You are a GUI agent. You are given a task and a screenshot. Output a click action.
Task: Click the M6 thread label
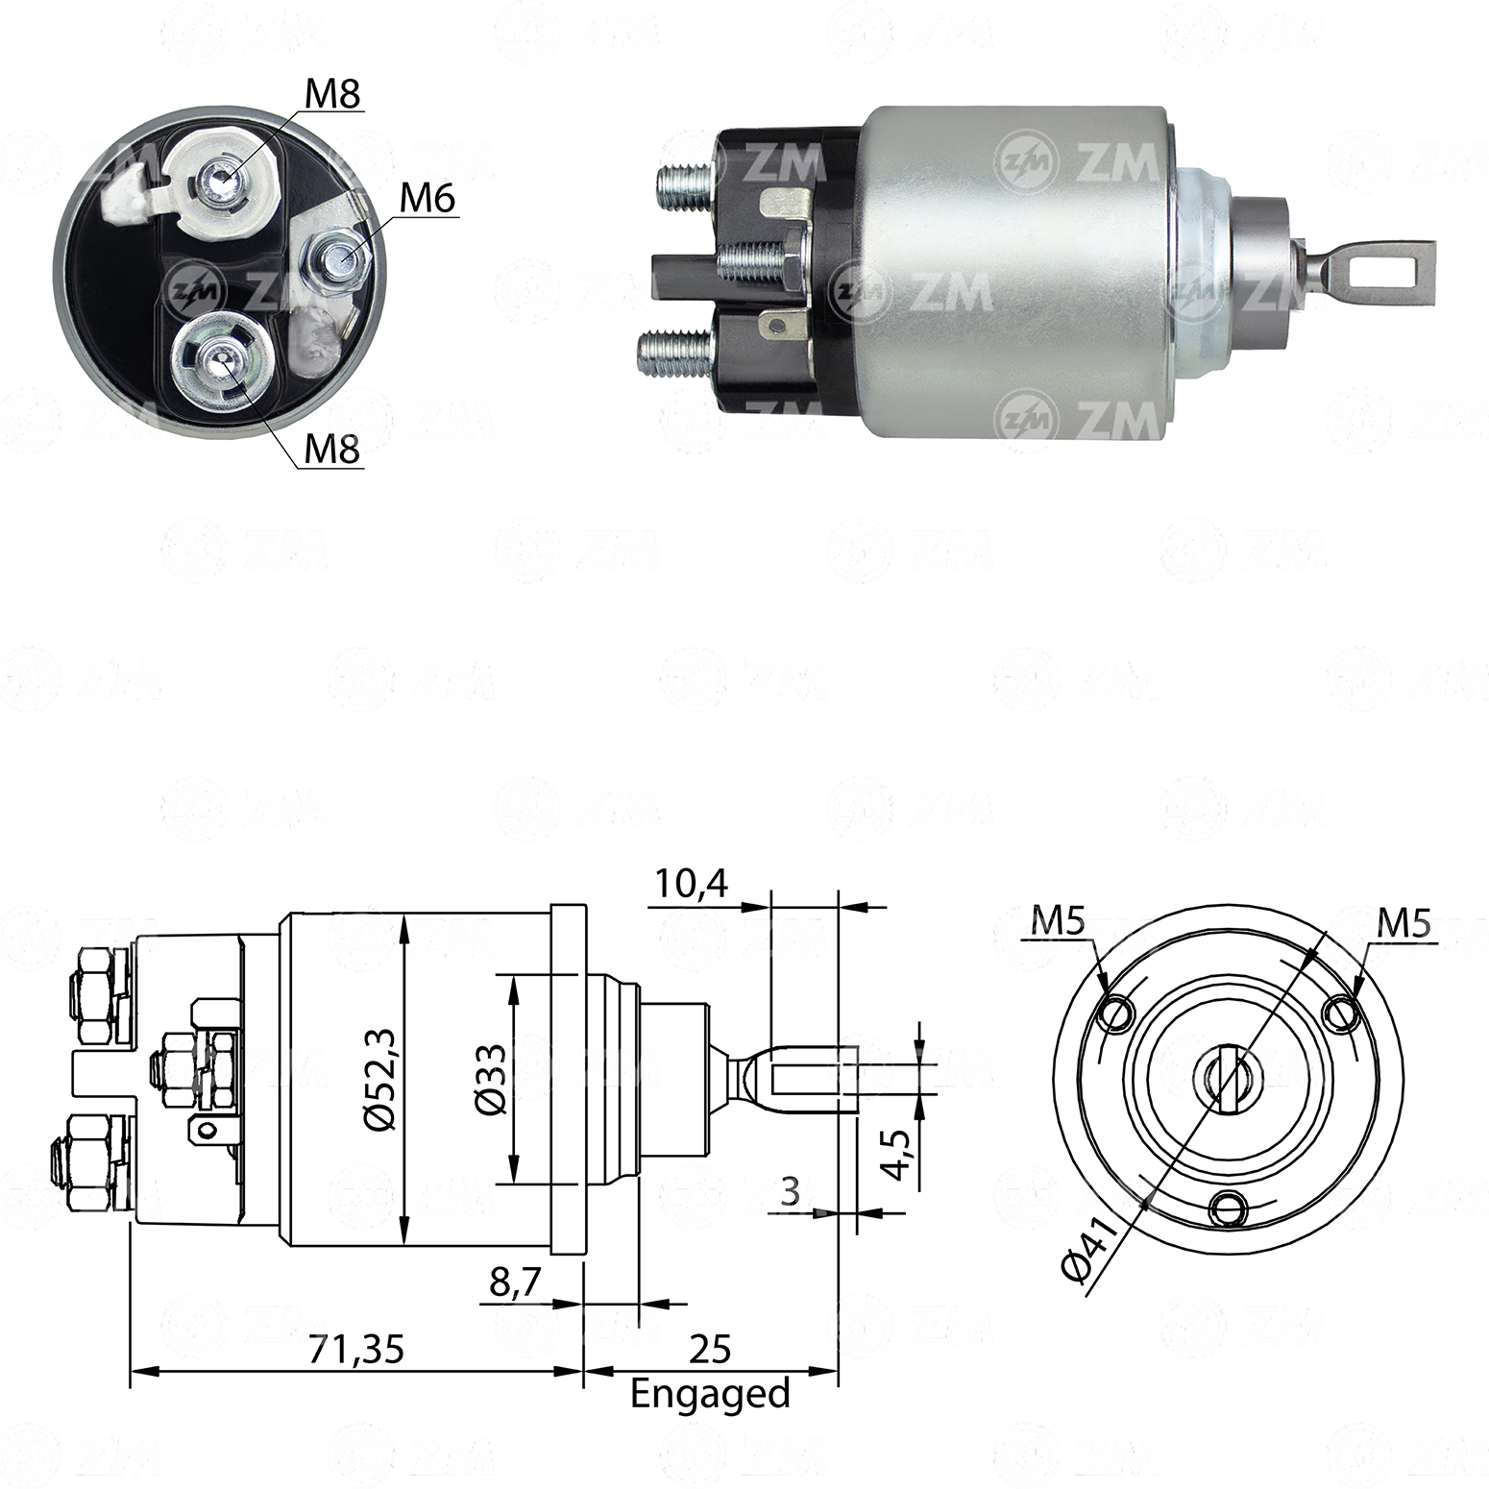pyautogui.click(x=427, y=198)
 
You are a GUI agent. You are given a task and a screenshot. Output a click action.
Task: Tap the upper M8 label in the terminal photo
pyautogui.click(x=331, y=94)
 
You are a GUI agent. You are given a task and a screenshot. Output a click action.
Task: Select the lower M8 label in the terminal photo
pyautogui.click(x=331, y=449)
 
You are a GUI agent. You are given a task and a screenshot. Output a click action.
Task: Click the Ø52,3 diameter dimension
pyautogui.click(x=382, y=1081)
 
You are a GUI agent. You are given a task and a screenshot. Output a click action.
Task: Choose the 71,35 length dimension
pyautogui.click(x=355, y=1349)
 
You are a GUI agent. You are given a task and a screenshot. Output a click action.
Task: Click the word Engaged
pyautogui.click(x=710, y=1393)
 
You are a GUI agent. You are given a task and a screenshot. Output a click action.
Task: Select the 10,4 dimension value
pyautogui.click(x=692, y=883)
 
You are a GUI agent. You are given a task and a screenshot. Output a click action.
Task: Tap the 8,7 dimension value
pyautogui.click(x=516, y=1282)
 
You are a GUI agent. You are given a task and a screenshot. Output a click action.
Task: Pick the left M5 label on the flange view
pyautogui.click(x=1058, y=922)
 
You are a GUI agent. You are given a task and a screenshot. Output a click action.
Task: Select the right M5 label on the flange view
pyautogui.click(x=1404, y=923)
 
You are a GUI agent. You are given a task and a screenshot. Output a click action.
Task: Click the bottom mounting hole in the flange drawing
pyautogui.click(x=1229, y=1208)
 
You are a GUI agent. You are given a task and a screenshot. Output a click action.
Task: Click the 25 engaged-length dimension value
pyautogui.click(x=710, y=1349)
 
